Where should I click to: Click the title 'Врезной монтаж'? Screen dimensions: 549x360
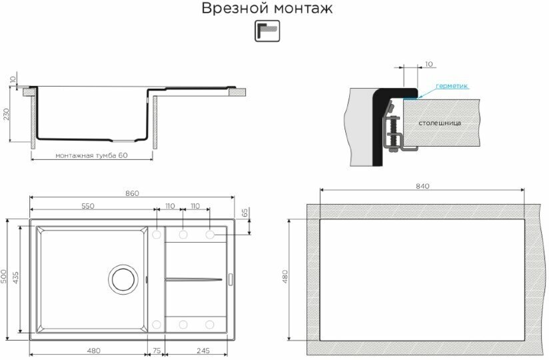(267, 9)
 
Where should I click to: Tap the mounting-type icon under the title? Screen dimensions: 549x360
(267, 31)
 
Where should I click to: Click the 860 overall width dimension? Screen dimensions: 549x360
(132, 193)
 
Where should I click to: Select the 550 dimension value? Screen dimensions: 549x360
(88, 206)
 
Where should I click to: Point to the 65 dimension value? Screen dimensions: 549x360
(245, 213)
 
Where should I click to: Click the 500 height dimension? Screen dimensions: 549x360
(3, 277)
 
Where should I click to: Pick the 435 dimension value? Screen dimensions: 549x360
(16, 277)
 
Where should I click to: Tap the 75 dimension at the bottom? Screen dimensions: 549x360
(157, 351)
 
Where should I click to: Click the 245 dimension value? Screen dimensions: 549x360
(203, 351)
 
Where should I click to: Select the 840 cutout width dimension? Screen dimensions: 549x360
(422, 186)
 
